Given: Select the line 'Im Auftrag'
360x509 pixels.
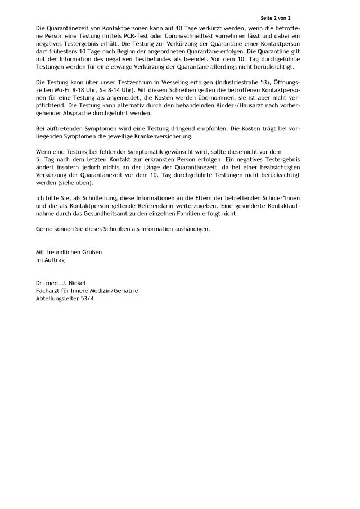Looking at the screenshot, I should pyautogui.click(x=49, y=261).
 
